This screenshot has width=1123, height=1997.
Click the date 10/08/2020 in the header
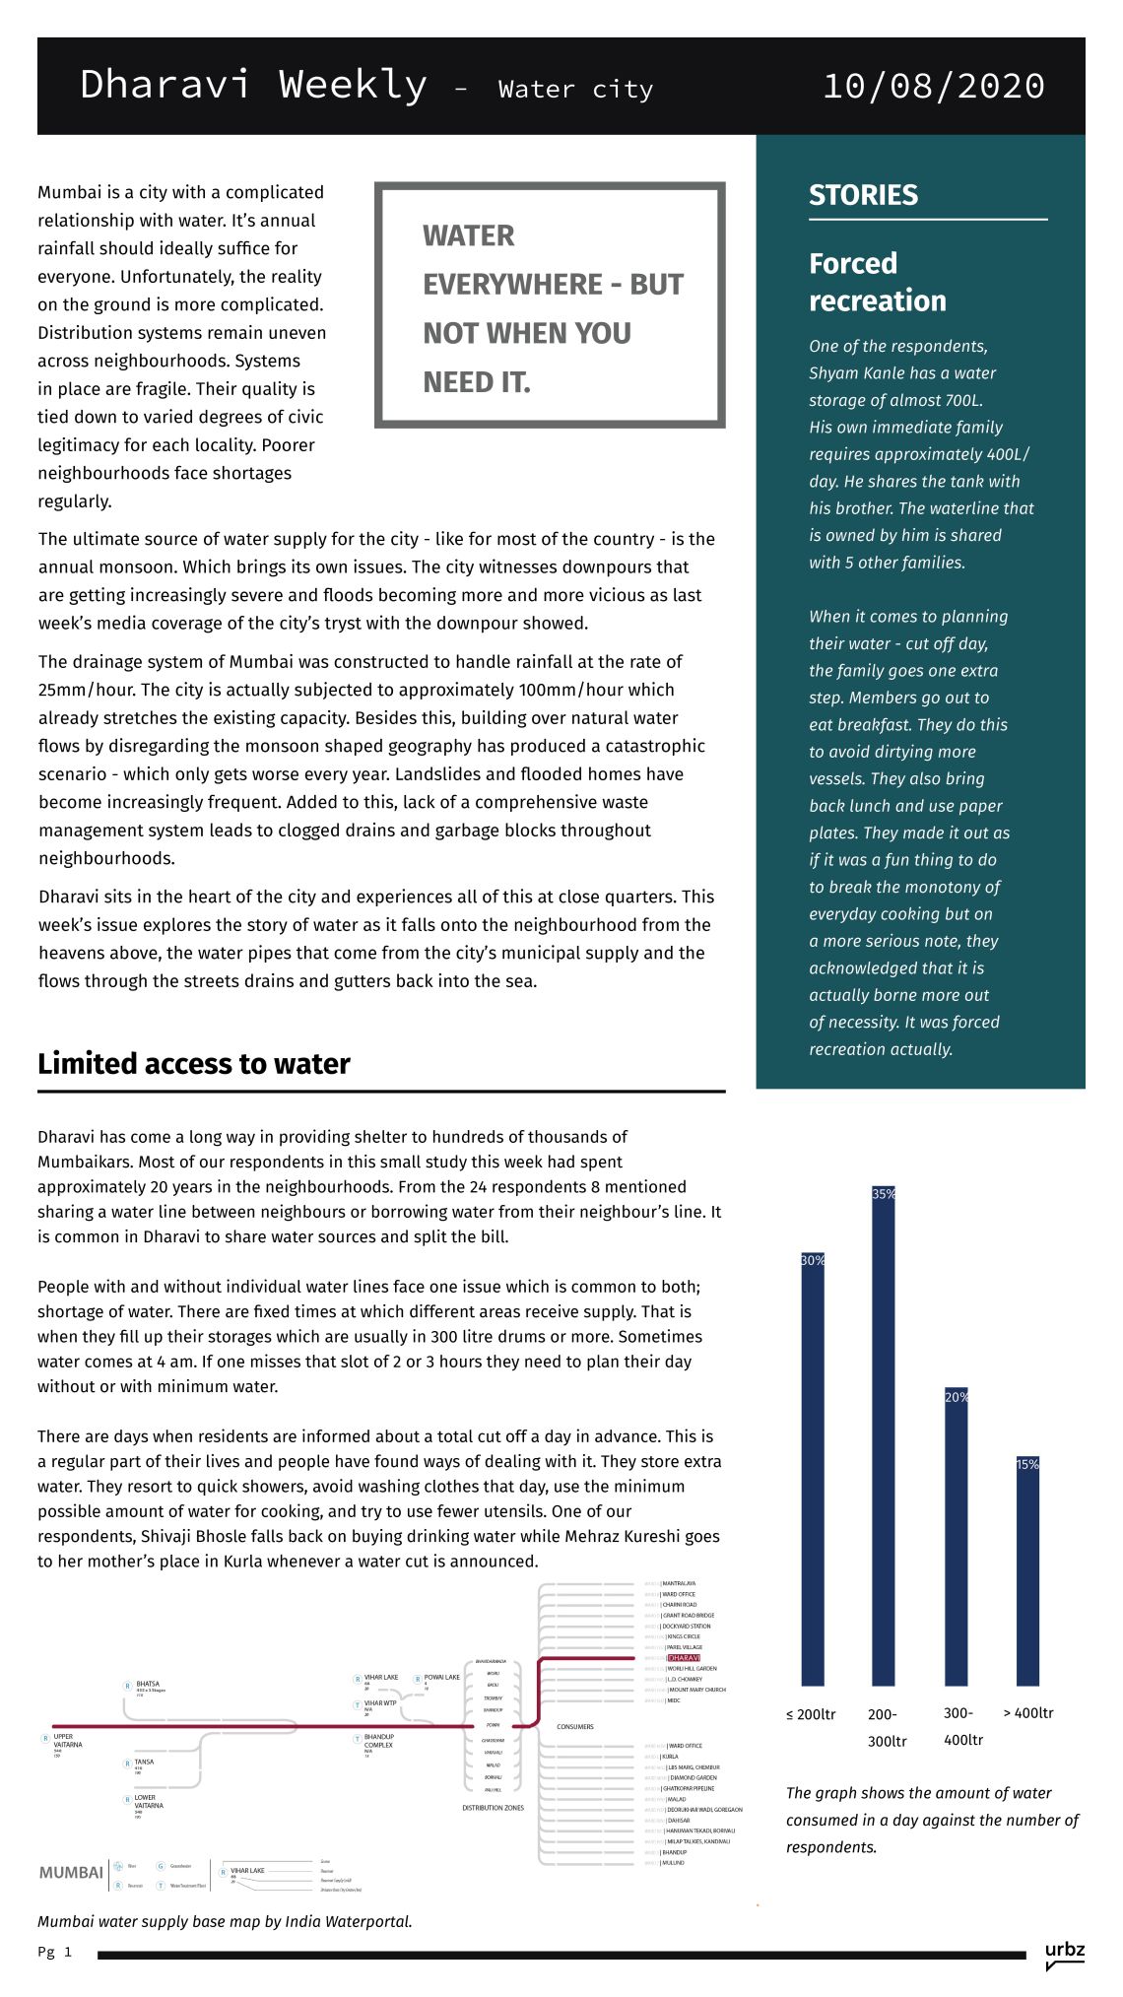pos(933,87)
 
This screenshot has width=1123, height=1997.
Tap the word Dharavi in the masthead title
pos(165,85)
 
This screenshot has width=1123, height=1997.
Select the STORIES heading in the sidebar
pos(863,195)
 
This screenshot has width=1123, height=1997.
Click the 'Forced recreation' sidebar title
pos(877,282)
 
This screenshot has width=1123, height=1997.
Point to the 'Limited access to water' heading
pos(194,1064)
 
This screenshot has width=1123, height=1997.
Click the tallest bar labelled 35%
pos(884,1438)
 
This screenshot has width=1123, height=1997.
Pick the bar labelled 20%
pos(957,1537)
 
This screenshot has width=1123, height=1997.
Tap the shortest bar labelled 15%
pos(1027,1571)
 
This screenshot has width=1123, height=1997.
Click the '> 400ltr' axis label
pos(1028,1713)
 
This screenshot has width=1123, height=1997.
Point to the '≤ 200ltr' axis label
pos(811,1714)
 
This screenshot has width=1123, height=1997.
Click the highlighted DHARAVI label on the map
pos(684,1658)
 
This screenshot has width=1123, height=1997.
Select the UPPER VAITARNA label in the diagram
pos(67,1741)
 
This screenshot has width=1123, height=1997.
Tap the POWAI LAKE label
pos(441,1677)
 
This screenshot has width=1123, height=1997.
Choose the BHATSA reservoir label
pos(148,1684)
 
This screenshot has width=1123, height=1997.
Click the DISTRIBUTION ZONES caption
pos(493,1808)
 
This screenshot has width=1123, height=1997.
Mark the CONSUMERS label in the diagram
pos(575,1727)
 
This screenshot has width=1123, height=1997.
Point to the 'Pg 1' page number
pos(55,1952)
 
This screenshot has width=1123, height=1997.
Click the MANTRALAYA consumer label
pos(679,1583)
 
